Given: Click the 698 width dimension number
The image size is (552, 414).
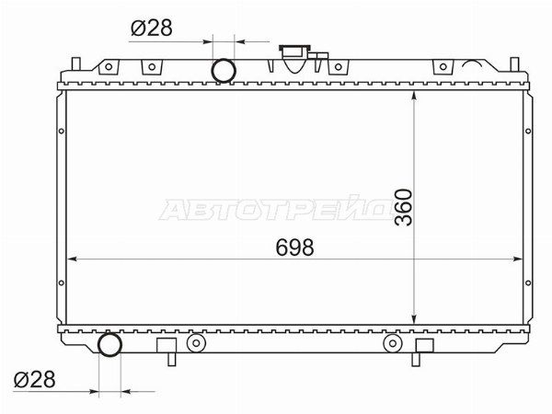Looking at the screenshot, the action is point(294,247).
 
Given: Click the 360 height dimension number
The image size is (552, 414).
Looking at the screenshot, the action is point(404,207).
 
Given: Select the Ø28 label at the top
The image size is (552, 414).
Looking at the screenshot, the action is point(152,28).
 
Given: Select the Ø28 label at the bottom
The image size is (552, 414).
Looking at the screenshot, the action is point(35,379).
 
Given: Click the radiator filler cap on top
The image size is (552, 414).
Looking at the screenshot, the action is point(295,58).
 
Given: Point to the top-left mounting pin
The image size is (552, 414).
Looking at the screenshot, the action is point(76,63).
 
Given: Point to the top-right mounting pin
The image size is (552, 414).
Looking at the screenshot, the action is point(514,63).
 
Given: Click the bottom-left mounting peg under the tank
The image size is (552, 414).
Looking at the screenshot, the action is point(171,359).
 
